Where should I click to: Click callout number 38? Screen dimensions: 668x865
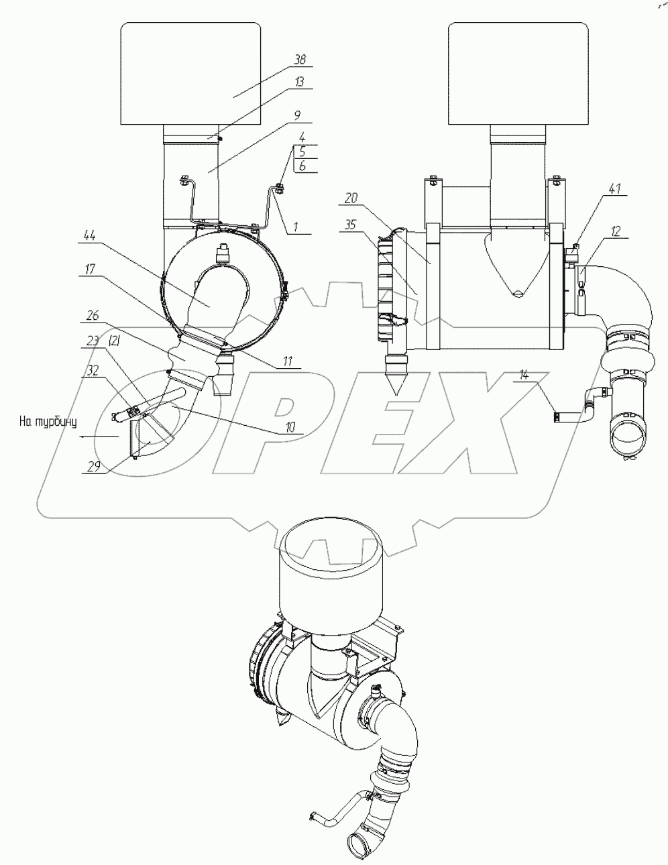(300, 60)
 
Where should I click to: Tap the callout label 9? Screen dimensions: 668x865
(297, 116)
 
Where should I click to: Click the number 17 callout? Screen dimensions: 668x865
(90, 270)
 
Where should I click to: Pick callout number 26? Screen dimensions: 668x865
(93, 316)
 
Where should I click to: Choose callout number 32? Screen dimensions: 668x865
(93, 371)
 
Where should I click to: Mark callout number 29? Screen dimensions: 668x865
(93, 467)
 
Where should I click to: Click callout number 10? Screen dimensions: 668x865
(290, 428)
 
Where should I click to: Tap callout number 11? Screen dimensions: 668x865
(288, 361)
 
